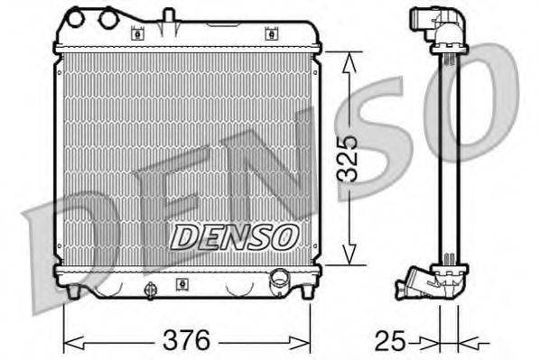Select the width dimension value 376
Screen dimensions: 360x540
[186, 341]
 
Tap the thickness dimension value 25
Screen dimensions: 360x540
[389, 341]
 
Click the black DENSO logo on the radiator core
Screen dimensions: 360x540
[234, 236]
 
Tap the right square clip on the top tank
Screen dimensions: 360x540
[269, 34]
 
